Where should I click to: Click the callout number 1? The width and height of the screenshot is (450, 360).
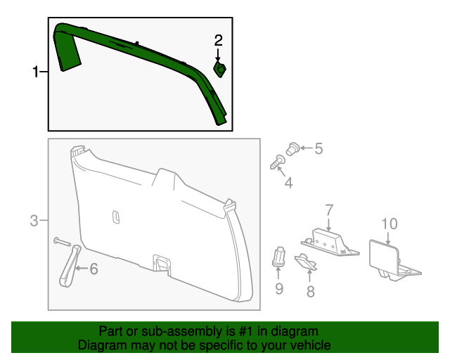point(36,72)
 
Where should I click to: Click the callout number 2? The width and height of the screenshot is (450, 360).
point(219,40)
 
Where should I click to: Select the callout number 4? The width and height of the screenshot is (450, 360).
point(288,184)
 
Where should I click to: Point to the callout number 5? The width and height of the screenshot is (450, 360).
point(319,148)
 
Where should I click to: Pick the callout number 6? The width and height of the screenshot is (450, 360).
point(94,268)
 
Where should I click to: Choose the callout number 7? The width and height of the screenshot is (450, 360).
point(328,209)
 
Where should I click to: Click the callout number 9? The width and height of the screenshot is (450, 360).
point(279,288)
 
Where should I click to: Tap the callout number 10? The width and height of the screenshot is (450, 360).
point(389,224)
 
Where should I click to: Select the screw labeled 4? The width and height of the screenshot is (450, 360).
point(277,162)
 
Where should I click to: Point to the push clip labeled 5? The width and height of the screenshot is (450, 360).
point(293,148)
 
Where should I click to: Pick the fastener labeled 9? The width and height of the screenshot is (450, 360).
point(279,257)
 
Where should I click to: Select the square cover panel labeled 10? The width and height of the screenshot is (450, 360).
point(385,255)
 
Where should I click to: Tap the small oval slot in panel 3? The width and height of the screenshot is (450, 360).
point(116,217)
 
